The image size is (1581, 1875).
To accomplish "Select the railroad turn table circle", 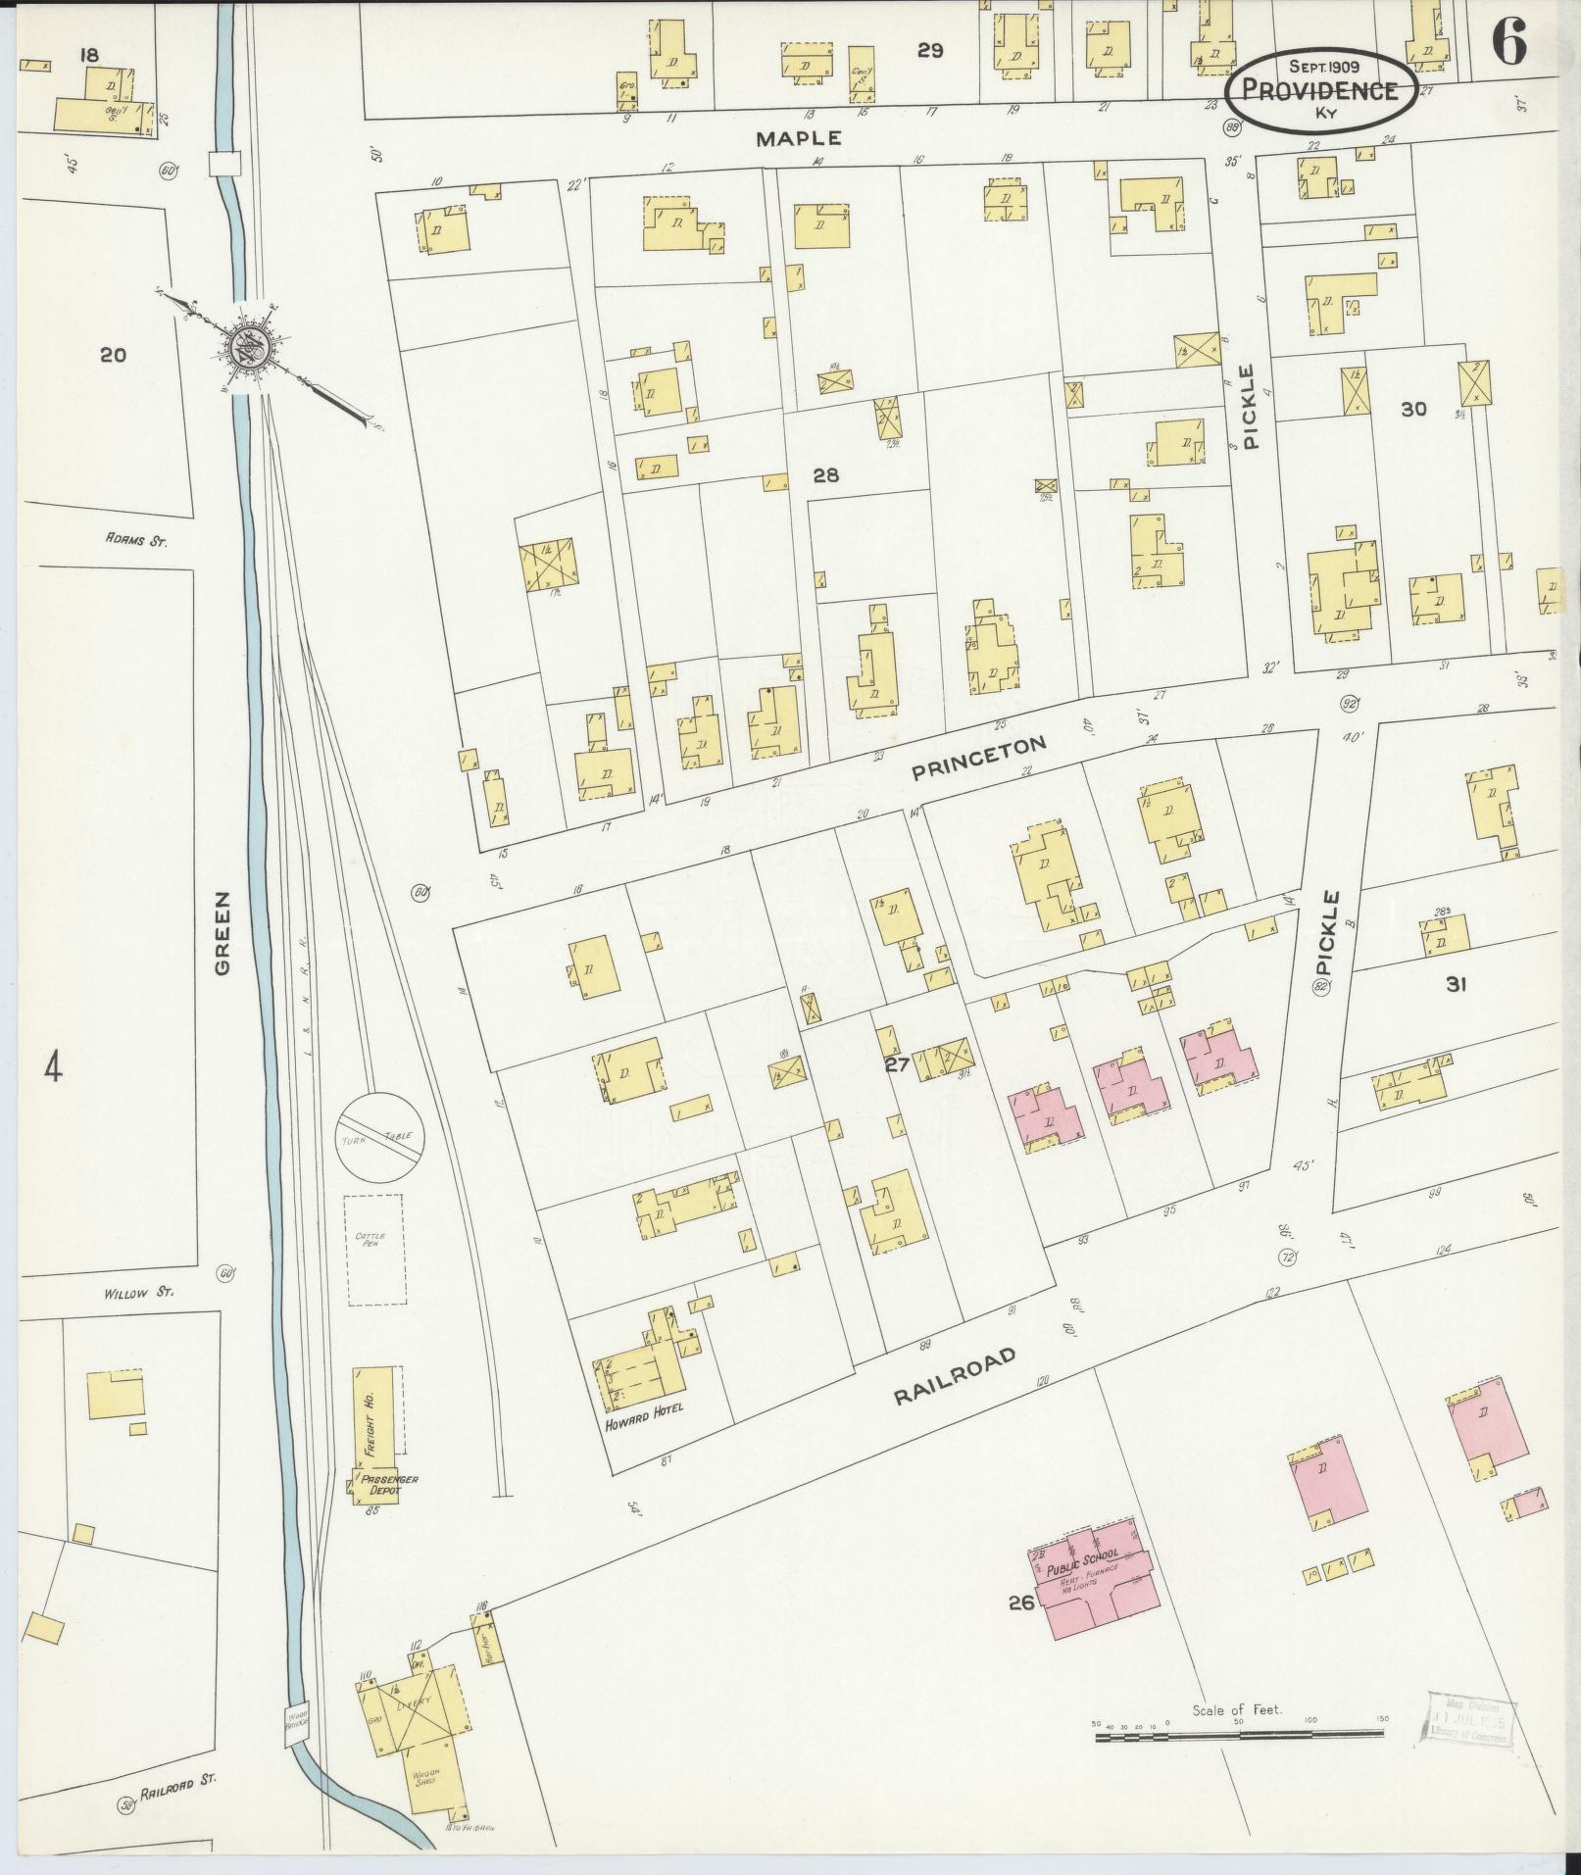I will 380,1137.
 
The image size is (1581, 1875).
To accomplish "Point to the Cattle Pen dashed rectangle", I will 376,1249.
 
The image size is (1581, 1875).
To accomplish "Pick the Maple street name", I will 798,139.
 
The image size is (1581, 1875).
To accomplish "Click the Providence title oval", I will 1319,89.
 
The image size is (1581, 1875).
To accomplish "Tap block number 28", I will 825,475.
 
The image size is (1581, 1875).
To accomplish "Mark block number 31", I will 1455,985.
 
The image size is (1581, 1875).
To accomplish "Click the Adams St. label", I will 136,539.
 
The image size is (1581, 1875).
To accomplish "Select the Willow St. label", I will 138,1293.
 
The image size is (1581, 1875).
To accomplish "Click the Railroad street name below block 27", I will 954,1376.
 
